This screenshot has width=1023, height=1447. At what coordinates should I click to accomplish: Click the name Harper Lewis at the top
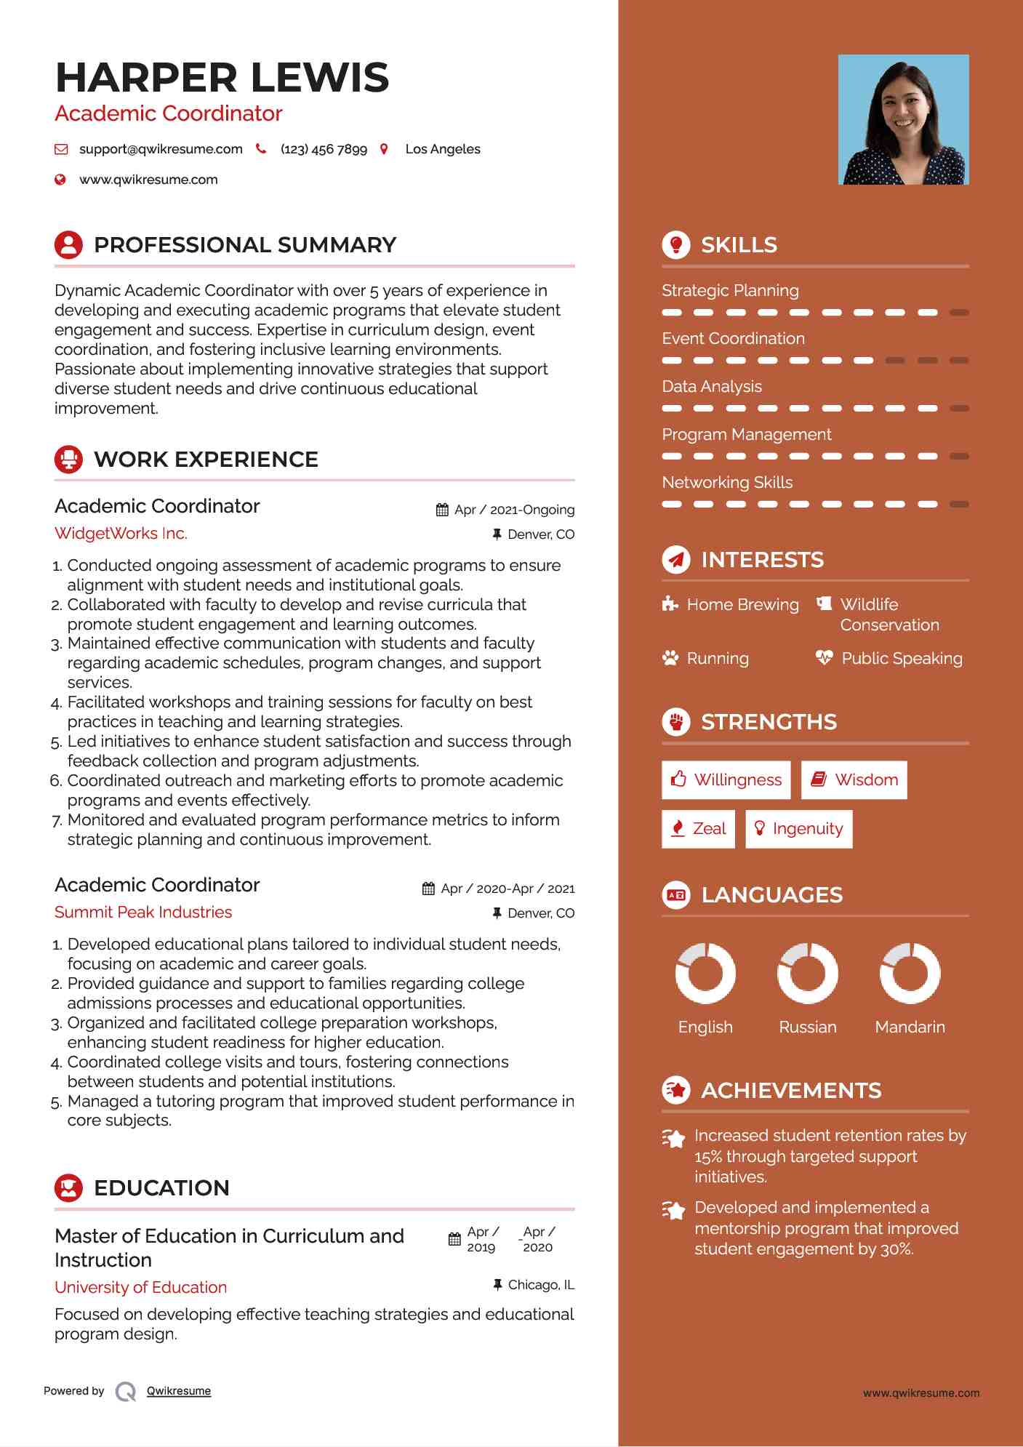click(222, 78)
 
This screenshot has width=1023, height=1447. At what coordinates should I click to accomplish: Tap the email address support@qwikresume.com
click(161, 149)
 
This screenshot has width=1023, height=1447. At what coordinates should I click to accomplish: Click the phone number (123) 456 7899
click(324, 149)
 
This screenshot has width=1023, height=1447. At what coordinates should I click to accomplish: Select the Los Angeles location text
click(442, 149)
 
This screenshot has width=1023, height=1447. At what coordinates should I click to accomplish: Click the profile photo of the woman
click(903, 119)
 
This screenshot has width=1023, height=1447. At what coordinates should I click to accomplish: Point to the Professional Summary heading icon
click(69, 245)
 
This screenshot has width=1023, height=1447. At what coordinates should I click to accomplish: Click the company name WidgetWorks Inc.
click(121, 534)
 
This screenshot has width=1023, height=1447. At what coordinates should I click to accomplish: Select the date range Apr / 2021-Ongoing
click(514, 510)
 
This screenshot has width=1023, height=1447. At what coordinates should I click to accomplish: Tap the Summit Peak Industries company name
click(143, 913)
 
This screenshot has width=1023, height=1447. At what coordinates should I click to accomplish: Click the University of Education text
click(141, 1288)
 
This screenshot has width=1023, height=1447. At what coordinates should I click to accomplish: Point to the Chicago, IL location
click(540, 1285)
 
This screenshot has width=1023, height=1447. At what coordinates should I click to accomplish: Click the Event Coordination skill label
click(733, 339)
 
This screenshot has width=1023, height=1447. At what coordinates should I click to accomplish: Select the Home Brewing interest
click(742, 605)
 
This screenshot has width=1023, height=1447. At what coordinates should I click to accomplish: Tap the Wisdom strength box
click(854, 780)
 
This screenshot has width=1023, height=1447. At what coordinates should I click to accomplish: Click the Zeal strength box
click(698, 829)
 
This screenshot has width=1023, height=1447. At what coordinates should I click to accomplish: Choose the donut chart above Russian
click(807, 973)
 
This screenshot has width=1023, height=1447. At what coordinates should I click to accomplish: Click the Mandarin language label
click(910, 1027)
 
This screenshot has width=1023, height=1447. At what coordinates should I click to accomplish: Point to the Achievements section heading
click(790, 1091)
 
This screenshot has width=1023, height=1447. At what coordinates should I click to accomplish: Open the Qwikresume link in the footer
click(179, 1391)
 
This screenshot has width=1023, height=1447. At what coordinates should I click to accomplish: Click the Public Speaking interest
click(902, 659)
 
